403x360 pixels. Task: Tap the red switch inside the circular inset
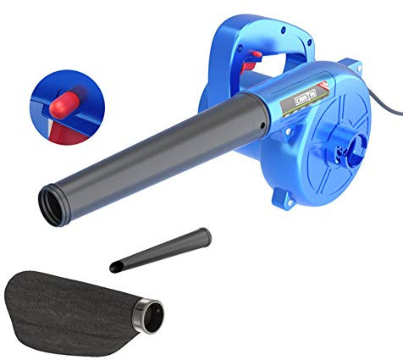pos(60,106)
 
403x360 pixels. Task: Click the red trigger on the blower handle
pos(251,61)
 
